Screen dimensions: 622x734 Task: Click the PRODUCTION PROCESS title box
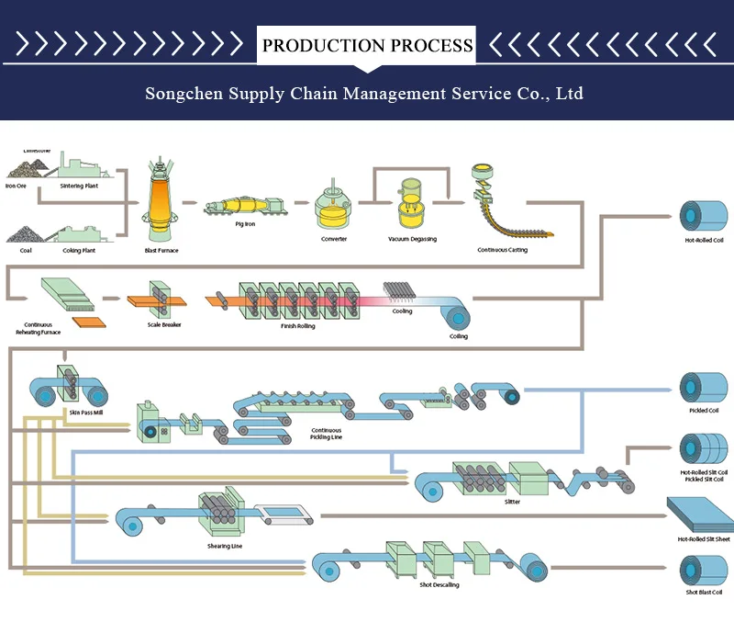367,45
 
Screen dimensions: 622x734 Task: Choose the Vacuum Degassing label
412,240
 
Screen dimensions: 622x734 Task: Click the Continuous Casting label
502,250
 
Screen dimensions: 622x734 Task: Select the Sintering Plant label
79,187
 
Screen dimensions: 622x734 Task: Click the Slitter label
512,503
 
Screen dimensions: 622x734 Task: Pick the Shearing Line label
224,547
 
